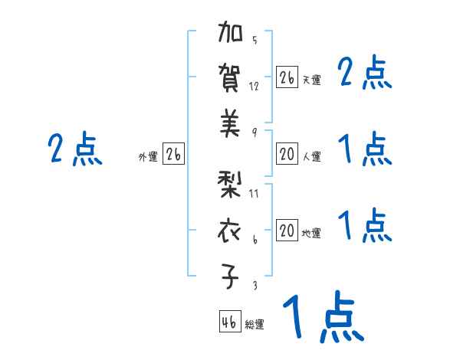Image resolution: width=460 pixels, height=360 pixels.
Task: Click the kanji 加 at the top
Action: [231, 34]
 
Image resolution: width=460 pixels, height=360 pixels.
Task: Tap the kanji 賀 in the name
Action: [231, 78]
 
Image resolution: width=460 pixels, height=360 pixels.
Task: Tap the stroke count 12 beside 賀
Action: [255, 86]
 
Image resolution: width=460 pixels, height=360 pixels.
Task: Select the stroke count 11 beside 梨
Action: [255, 193]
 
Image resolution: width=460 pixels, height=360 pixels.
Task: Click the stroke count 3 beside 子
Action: [255, 285]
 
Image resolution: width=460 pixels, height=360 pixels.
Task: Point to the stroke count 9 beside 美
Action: [255, 132]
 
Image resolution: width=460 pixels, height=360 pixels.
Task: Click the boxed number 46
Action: [229, 322]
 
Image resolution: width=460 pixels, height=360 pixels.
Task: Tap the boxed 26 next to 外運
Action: [173, 154]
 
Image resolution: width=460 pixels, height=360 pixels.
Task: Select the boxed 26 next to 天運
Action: [287, 77]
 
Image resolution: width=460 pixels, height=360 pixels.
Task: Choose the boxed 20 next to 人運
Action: [287, 154]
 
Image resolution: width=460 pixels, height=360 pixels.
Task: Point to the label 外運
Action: [148, 157]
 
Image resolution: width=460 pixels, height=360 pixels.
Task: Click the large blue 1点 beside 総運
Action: [321, 317]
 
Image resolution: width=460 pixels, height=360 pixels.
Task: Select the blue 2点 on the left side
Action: [75, 149]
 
